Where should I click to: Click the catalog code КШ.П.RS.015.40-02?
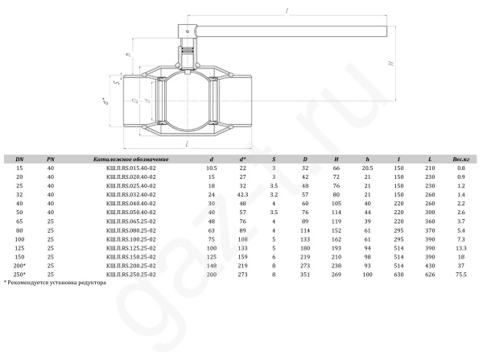pyautogui.click(x=131, y=168)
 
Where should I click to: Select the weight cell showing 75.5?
pyautogui.click(x=460, y=275)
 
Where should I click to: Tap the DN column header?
pyautogui.click(x=19, y=159)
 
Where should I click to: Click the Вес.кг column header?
pyautogui.click(x=460, y=159)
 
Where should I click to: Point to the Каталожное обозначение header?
pyautogui.click(x=131, y=159)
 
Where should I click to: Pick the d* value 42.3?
pyautogui.click(x=243, y=194)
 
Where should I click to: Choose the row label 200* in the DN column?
pyautogui.click(x=19, y=266)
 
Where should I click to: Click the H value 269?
pyautogui.click(x=336, y=275)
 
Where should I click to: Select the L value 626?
pyautogui.click(x=430, y=275)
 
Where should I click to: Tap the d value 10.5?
pyautogui.click(x=211, y=168)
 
